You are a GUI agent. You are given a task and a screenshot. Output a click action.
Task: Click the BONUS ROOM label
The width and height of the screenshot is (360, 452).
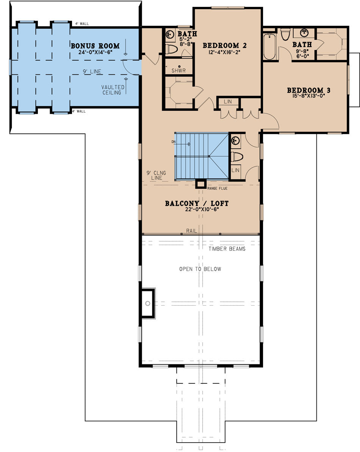click(x=95, y=46)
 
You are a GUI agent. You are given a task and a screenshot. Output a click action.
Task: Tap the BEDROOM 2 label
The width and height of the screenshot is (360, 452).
click(x=225, y=46)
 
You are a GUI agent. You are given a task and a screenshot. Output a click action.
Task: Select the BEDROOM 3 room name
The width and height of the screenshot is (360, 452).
click(x=308, y=90)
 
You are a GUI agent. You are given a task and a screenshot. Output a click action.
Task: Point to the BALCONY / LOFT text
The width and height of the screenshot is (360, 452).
click(x=196, y=204)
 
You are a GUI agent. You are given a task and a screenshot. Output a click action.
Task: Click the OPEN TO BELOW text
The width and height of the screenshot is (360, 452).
click(x=200, y=269)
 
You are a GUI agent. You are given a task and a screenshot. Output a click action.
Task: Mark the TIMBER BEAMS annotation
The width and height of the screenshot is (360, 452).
click(x=227, y=249)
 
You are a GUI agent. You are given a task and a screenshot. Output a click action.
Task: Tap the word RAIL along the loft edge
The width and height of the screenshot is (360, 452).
click(x=191, y=231)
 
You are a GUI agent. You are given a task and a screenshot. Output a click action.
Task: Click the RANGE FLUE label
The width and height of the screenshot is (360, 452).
click(x=217, y=188)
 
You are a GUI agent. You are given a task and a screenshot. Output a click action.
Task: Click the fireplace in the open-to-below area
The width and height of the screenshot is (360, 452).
click(x=148, y=303)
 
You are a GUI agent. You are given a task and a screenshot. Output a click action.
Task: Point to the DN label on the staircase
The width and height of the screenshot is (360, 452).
click(x=174, y=141)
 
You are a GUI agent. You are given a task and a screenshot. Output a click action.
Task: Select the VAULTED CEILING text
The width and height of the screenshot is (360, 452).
click(x=113, y=89)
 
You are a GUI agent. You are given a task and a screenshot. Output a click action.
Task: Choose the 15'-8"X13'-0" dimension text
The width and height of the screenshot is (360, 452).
click(x=308, y=96)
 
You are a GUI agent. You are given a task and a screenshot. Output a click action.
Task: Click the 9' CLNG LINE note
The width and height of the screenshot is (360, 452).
click(x=155, y=175)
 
